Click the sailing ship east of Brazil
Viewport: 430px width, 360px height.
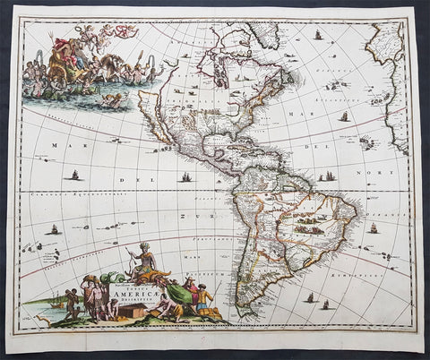[374, 228]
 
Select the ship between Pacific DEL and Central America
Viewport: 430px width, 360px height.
[185, 177]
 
